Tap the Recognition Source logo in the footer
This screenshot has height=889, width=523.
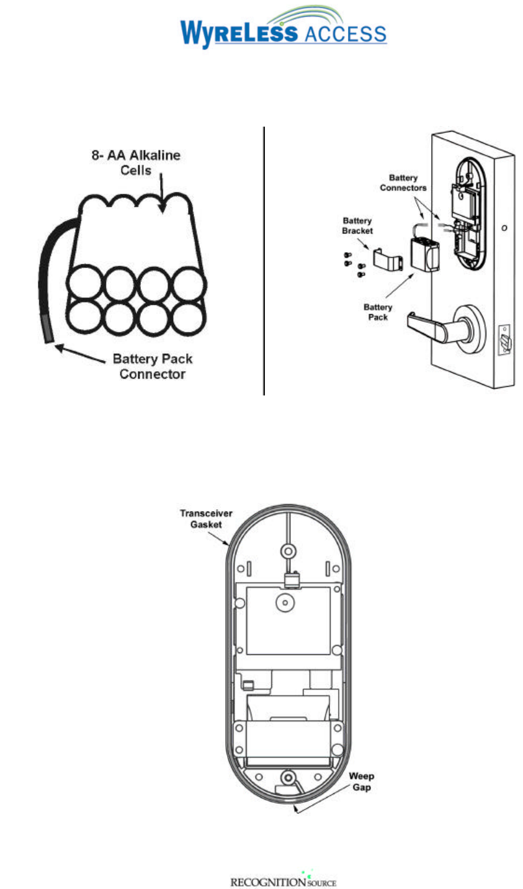pyautogui.click(x=283, y=880)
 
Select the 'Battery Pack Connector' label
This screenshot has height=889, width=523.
pyautogui.click(x=152, y=366)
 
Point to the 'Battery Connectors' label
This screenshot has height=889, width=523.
pyautogui.click(x=403, y=183)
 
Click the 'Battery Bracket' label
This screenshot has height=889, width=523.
pyautogui.click(x=357, y=225)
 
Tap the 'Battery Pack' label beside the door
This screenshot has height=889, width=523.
pyautogui.click(x=378, y=312)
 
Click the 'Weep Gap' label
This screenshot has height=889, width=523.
pyautogui.click(x=361, y=782)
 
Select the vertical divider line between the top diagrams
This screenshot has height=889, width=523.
pyautogui.click(x=264, y=261)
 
